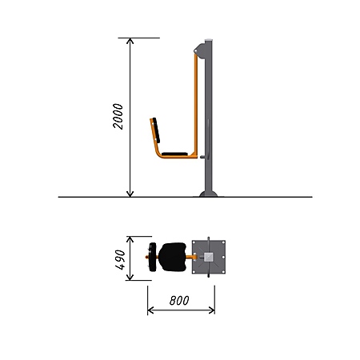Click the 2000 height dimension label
(x=118, y=116)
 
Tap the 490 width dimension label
(x=121, y=260)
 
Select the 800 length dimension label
(x=179, y=301)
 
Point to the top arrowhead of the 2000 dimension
(x=130, y=41)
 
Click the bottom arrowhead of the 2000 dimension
(x=130, y=194)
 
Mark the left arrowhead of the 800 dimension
(x=150, y=310)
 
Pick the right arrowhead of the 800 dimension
(x=212, y=310)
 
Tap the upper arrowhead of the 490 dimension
(x=130, y=239)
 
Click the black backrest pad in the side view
(x=156, y=130)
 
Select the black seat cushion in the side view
(x=174, y=154)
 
